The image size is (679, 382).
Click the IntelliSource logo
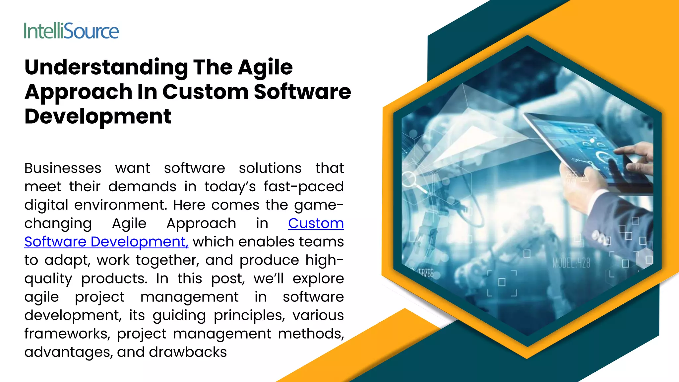(71, 31)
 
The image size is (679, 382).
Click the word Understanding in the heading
(106, 67)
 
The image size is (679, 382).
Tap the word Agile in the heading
(265, 67)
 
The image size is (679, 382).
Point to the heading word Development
(98, 116)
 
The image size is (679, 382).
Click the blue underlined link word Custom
(316, 223)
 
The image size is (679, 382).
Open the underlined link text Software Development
(106, 242)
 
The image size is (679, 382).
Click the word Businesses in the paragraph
(63, 168)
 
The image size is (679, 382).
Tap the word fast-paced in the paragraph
(304, 187)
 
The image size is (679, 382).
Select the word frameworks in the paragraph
(67, 334)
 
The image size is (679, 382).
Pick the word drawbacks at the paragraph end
(188, 352)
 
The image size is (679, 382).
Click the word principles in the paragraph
(249, 315)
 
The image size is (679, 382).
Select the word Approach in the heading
(78, 92)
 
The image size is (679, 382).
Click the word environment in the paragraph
(120, 205)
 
